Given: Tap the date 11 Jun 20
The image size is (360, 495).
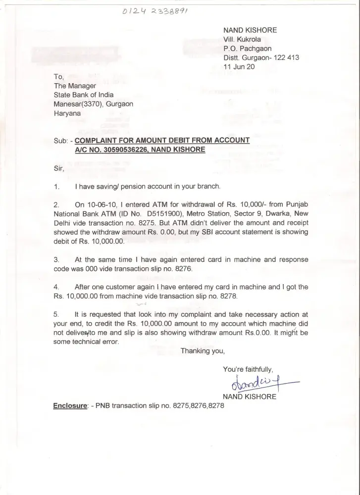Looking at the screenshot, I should click(x=239, y=66).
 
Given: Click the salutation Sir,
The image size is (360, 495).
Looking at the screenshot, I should click(x=59, y=168).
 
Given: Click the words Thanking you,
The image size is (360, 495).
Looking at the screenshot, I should click(x=203, y=351).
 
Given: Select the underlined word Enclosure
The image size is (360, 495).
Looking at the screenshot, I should click(x=70, y=405).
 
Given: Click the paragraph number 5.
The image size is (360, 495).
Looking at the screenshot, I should click(x=56, y=314).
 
